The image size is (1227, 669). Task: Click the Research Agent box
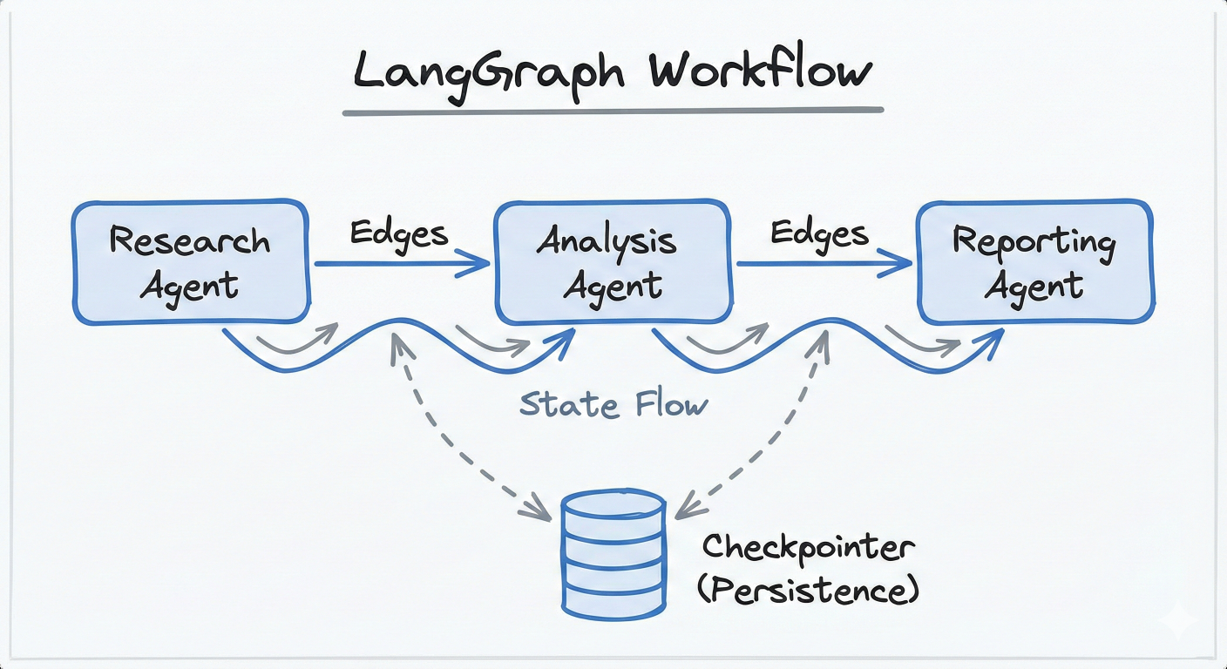point(190,262)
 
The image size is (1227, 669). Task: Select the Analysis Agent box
point(612,262)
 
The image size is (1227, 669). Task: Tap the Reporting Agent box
point(1034,262)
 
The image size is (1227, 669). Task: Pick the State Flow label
point(613,404)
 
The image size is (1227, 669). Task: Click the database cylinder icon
point(613,550)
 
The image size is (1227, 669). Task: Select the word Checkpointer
point(809,548)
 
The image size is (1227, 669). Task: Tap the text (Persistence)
point(808,590)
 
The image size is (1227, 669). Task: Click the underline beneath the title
point(613,111)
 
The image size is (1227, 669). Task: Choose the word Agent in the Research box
point(189,286)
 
